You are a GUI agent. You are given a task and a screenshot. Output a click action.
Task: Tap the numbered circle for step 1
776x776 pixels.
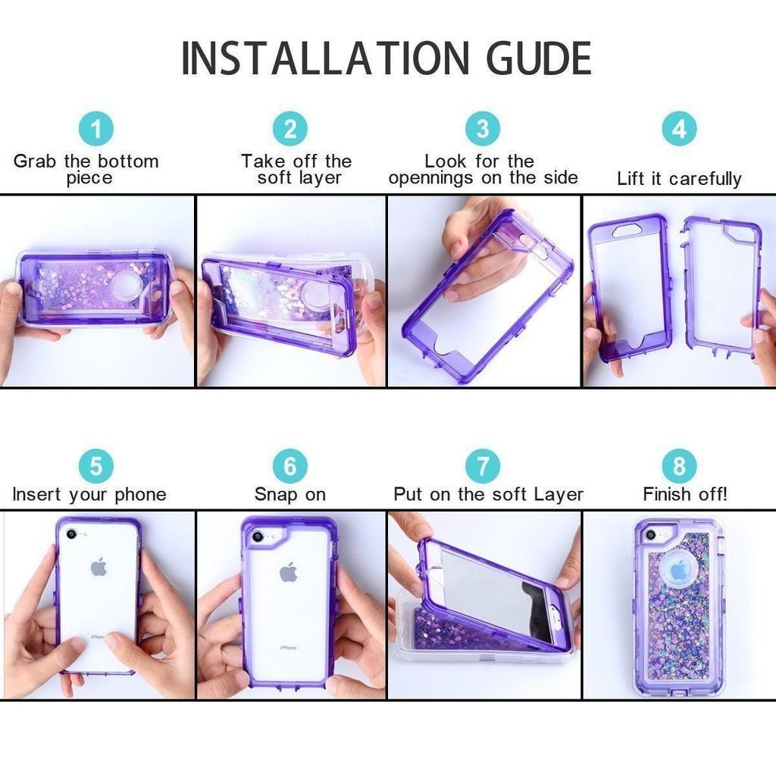tap(96, 129)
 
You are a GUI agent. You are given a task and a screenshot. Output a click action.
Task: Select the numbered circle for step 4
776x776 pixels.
tap(678, 129)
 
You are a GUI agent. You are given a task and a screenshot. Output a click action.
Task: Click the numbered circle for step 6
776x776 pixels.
tap(290, 465)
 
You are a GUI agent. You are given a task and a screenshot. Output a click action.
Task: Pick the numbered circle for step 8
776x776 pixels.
tap(678, 465)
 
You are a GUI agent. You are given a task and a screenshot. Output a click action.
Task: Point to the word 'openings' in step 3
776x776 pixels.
tap(427, 179)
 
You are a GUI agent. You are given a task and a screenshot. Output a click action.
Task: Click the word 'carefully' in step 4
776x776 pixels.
tap(705, 180)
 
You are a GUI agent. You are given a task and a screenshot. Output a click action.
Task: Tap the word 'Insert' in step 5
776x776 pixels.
tap(38, 495)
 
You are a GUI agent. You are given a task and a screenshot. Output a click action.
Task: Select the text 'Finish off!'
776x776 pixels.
tap(685, 495)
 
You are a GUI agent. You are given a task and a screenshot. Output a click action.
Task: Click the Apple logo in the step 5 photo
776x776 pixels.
tap(99, 567)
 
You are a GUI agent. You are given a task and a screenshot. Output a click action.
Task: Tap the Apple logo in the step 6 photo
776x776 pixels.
tap(288, 571)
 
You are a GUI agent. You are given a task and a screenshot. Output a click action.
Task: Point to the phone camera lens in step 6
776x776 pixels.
tap(258, 537)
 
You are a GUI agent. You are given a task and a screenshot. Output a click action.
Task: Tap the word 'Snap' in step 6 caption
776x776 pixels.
tap(277, 495)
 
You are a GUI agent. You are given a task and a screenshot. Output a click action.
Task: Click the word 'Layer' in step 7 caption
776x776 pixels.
tap(559, 495)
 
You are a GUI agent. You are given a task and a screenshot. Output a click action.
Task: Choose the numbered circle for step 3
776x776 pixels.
tap(483, 129)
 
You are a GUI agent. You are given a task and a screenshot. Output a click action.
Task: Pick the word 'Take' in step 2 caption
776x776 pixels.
tap(262, 161)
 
